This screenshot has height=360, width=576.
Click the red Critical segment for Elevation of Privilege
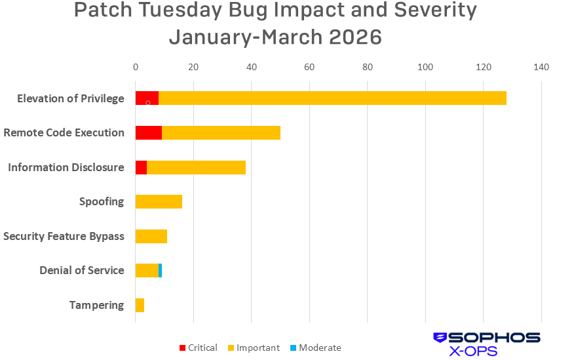click(147, 98)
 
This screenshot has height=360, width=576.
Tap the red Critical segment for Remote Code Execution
click(148, 132)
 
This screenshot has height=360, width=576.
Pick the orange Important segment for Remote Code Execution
click(221, 132)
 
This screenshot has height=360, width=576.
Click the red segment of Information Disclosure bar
click(141, 167)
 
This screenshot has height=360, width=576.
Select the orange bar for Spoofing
click(159, 201)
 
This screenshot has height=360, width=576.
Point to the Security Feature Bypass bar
click(151, 236)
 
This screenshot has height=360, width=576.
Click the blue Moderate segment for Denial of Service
click(160, 270)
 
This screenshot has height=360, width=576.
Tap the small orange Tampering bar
click(140, 305)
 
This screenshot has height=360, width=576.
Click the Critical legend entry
click(198, 348)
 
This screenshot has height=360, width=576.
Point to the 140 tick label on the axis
click(541, 67)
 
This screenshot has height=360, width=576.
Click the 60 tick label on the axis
click(309, 67)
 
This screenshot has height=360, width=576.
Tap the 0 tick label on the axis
click(136, 67)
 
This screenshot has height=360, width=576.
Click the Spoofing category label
click(102, 201)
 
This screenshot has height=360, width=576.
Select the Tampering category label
click(96, 305)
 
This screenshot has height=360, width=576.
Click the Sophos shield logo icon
click(440, 338)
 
